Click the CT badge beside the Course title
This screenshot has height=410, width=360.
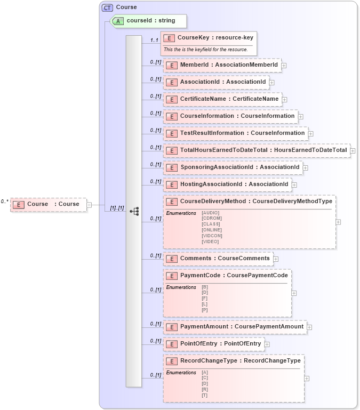107,7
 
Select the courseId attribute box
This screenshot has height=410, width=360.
149,21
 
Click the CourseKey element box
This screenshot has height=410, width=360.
209,38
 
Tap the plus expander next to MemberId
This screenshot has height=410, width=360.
284,66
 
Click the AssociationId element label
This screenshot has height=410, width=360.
222,82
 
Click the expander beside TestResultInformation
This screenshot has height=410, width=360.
311,134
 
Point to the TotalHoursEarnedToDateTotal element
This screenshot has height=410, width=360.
257,150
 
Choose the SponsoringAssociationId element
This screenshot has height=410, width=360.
233,167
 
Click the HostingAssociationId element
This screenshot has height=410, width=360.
227,184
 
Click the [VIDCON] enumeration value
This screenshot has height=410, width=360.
212,236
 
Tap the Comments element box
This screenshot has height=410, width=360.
218,259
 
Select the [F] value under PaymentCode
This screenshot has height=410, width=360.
204,299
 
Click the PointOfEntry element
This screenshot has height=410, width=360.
214,344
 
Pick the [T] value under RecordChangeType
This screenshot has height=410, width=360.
204,395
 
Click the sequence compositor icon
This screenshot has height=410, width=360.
134,212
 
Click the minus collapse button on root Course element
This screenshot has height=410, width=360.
89,204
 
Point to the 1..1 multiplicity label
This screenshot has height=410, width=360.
155,40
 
